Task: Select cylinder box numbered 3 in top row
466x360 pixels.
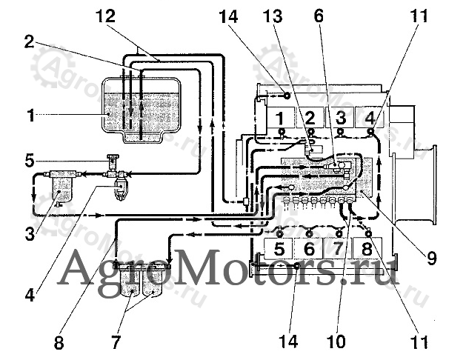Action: [340, 117]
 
